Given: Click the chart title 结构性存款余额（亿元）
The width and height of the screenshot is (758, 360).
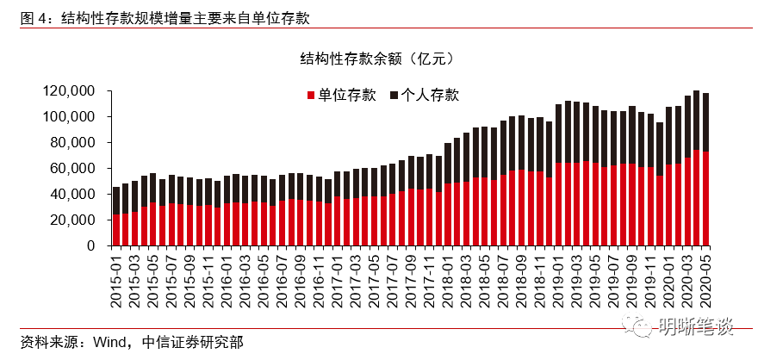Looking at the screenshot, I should point(376,59).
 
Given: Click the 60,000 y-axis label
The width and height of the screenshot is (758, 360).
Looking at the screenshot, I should point(77,168).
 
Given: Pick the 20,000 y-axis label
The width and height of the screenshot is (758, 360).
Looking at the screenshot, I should point(77,220).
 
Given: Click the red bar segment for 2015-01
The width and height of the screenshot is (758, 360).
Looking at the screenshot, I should point(116,230).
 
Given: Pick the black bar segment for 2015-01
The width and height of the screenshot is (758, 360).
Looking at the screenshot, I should point(116,201).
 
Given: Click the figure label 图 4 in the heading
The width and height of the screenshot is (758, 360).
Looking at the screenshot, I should point(32,16).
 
